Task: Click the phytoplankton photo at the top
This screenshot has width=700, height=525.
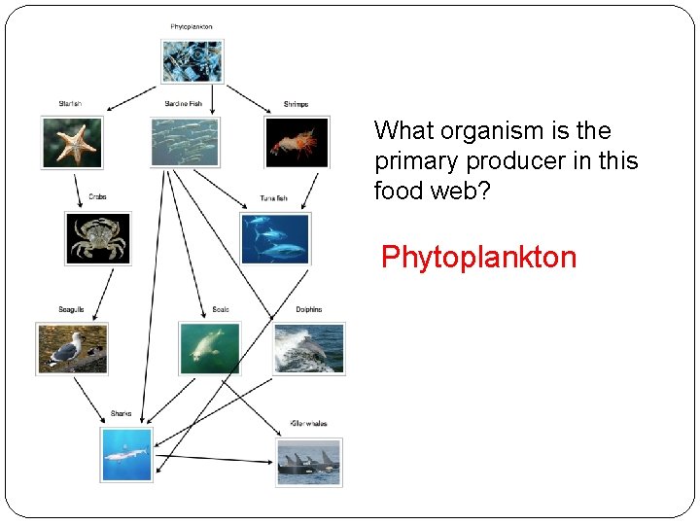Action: coord(192,61)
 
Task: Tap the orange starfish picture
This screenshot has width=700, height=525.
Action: coord(71,142)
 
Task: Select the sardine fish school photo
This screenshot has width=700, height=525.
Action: coord(185,142)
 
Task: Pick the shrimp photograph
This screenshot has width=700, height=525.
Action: coord(297,142)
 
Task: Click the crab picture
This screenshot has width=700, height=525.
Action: coord(97,238)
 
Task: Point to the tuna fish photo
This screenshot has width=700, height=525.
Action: coord(275,238)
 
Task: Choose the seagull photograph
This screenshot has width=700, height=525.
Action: coord(72,347)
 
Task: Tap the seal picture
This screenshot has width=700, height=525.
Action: coord(209,347)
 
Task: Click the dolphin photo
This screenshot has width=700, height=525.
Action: coord(309,347)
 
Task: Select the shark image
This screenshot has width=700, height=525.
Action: coord(126,454)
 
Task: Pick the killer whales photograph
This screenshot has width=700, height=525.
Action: coord(309,461)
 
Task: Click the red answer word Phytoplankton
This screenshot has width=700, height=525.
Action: coord(478,258)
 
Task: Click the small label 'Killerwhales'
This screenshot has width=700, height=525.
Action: coord(308,424)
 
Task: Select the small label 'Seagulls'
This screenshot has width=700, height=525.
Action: coord(71,309)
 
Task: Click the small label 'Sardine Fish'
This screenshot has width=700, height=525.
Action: coord(183,103)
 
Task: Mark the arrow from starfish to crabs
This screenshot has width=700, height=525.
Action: coord(77,189)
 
